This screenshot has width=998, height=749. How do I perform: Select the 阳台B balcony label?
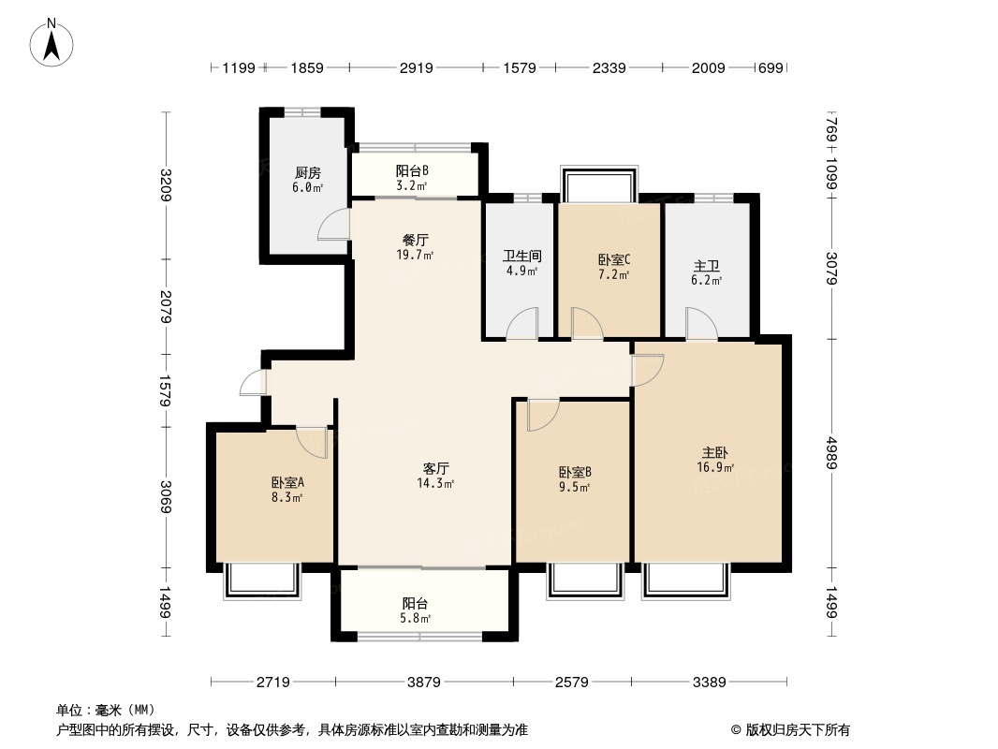(x=412, y=170)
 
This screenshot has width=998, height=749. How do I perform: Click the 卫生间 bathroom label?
(x=521, y=256)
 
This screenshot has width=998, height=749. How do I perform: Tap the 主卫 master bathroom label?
(x=707, y=265)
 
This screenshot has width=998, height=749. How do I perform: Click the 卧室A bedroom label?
(x=287, y=482)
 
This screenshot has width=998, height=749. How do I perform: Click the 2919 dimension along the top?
(x=417, y=68)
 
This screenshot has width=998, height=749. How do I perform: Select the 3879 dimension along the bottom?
(x=424, y=683)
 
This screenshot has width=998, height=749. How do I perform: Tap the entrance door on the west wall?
(x=253, y=383)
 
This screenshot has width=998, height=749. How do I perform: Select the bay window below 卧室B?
(x=586, y=580)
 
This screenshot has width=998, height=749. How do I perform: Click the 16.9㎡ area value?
(x=714, y=467)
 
